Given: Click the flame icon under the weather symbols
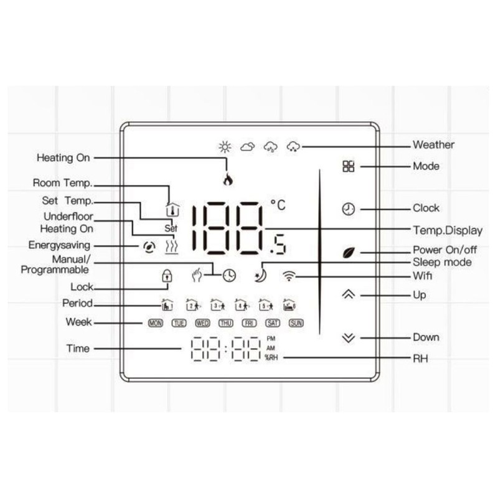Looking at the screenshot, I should point(228,181).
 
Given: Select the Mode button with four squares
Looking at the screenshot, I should point(348,166).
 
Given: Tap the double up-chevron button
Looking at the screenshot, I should point(348,294).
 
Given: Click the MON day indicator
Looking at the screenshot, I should point(154,323).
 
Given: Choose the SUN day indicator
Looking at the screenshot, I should point(296,323).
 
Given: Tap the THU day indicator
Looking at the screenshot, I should point(225,323).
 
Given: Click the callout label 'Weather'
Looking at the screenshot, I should point(433,145).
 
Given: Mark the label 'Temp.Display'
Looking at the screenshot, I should point(448,230).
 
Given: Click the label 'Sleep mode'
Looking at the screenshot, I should point(442,262).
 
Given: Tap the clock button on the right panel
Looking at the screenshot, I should point(348,209).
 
